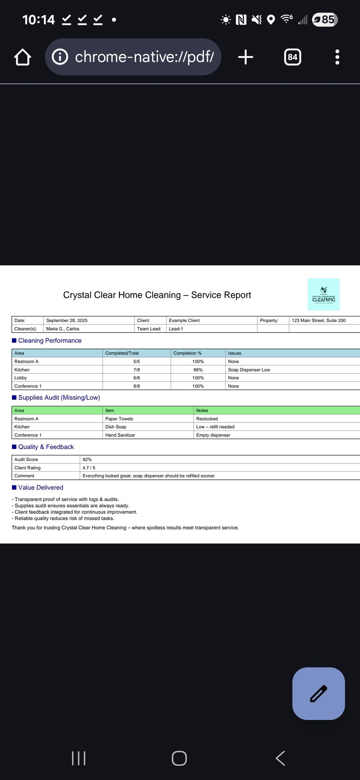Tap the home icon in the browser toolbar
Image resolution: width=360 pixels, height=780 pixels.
coord(23,57)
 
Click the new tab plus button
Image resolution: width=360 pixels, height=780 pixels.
coord(245,57)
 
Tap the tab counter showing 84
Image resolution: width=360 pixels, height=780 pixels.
coord(292,57)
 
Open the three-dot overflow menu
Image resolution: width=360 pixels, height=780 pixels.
coord(337,57)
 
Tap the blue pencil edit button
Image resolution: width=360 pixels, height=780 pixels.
coord(319,694)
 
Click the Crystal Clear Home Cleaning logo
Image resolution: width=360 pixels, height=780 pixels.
coord(323,294)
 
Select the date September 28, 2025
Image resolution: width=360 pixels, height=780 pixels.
coord(67,320)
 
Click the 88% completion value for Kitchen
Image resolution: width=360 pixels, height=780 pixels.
coord(198,370)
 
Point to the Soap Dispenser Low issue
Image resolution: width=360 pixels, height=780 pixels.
coord(249,370)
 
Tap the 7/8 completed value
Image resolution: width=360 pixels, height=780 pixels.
coord(137,370)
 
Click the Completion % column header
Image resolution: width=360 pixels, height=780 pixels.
coord(187,353)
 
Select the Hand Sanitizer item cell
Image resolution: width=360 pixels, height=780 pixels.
coord(120,435)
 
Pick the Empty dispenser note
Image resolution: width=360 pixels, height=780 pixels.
coord(213,435)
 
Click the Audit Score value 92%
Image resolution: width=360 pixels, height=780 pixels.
coord(87,459)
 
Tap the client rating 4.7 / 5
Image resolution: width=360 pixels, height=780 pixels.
coord(89,468)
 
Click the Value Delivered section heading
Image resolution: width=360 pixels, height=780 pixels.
coord(41,488)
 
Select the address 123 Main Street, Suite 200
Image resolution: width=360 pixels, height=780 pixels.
coord(319,320)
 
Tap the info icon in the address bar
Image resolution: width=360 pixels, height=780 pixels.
coord(60,57)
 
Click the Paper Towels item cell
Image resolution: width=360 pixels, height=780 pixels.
coord(119,419)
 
